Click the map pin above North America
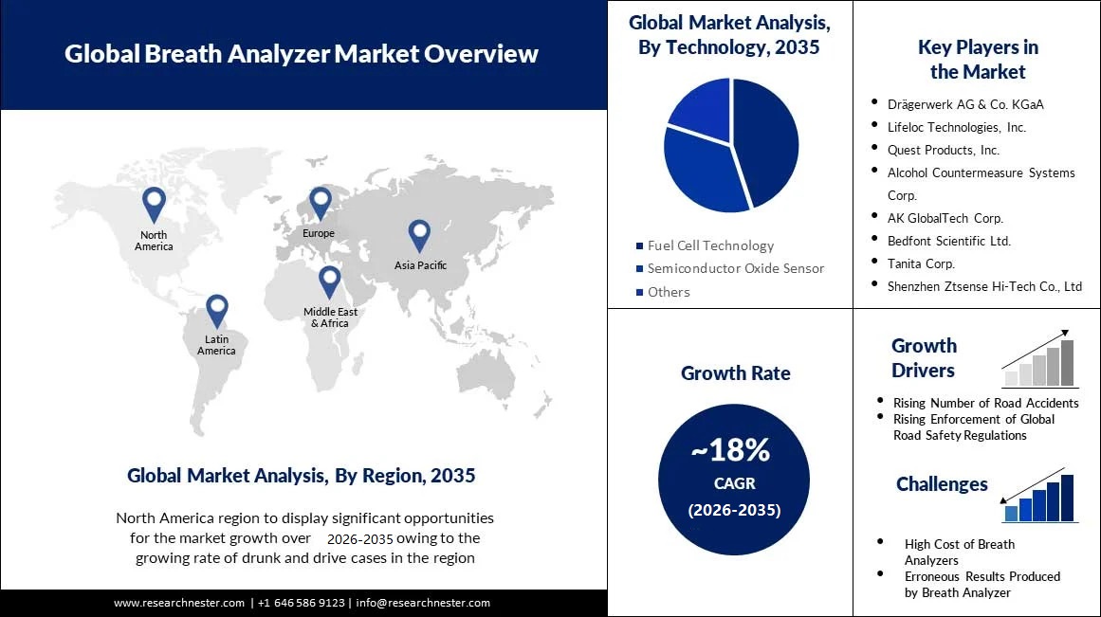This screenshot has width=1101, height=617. [154, 204]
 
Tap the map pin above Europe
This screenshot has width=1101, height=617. [320, 202]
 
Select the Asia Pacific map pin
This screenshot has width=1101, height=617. [419, 235]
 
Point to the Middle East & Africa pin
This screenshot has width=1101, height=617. [329, 281]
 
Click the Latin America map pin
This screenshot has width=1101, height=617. [217, 310]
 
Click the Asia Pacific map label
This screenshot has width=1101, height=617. [420, 265]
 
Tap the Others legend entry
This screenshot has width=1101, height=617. [669, 292]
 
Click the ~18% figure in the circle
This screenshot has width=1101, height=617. [730, 450]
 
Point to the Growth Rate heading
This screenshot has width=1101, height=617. [735, 373]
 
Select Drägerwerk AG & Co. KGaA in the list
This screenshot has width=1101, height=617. [965, 104]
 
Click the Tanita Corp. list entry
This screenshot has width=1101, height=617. [921, 263]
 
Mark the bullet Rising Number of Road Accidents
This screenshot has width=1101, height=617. [985, 403]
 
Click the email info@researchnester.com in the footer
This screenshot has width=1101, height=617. [423, 603]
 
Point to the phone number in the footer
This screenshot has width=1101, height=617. [302, 603]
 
